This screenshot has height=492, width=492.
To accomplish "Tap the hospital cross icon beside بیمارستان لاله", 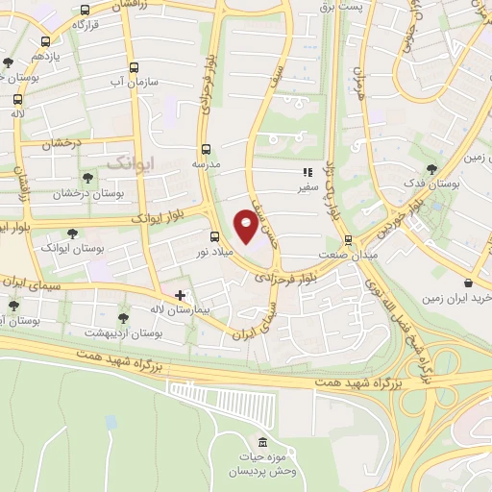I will (x=180, y=294).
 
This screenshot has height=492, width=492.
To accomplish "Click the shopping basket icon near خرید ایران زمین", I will (x=467, y=283).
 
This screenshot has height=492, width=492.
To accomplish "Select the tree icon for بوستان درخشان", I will (x=87, y=178).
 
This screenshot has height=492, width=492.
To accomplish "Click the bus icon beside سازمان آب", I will (x=134, y=68).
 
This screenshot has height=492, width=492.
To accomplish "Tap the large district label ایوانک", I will (x=129, y=161).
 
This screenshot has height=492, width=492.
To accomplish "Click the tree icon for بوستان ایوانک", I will (x=72, y=232).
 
